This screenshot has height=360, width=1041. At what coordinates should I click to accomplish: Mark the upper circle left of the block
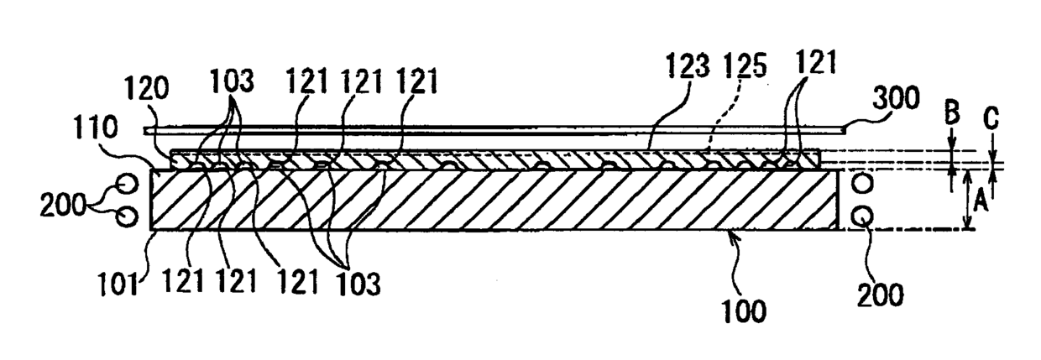click(127, 182)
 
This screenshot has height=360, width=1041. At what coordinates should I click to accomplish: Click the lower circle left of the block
click(128, 217)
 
